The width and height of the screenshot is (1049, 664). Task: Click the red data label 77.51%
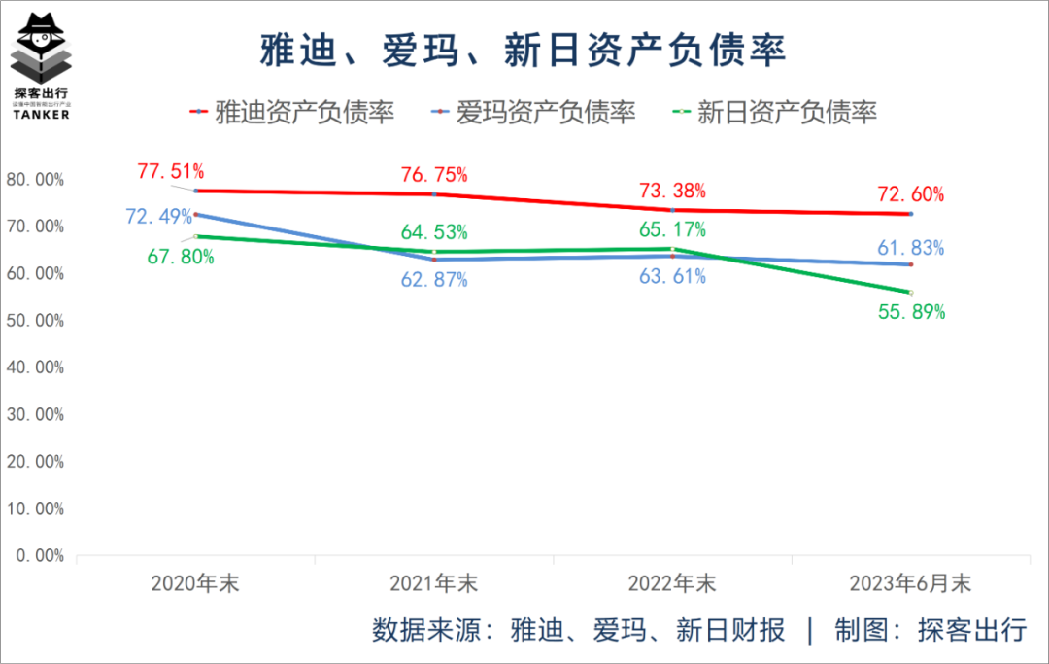pos(171,172)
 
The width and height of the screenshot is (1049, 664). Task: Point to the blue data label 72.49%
pos(159,216)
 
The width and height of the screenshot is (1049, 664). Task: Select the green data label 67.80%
pos(181,258)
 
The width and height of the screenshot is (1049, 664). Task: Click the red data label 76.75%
pos(434,175)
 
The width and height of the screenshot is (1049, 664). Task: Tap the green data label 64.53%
pos(434,232)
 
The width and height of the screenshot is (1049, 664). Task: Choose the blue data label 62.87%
pos(434,280)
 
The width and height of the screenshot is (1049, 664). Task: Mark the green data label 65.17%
pos(672,230)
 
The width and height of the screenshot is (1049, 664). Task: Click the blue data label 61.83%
pos(910,248)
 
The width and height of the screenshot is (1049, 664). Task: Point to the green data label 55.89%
pos(910,312)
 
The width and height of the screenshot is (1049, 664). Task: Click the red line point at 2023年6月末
pos(910,214)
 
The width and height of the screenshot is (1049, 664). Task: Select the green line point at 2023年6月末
pos(910,293)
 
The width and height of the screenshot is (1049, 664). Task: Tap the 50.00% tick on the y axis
pos(35,321)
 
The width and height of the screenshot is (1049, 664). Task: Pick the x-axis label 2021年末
pos(434,584)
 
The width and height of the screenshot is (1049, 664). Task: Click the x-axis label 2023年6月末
pos(910,584)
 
